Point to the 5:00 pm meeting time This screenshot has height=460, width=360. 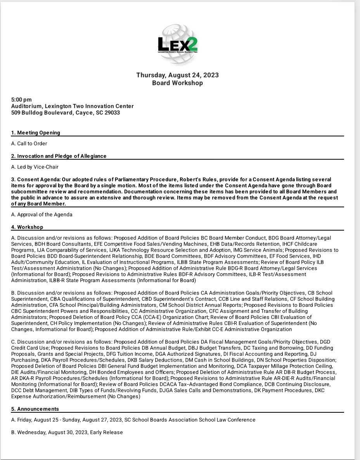pos(21,100)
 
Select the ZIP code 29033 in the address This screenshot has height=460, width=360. pos(112,113)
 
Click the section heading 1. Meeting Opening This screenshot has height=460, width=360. pos(36,133)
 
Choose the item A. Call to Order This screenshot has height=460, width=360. pos(29,143)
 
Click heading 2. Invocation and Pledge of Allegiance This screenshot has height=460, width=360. pos(59,156)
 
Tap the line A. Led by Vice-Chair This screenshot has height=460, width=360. pos(35,167)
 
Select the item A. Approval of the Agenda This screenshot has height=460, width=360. pos(42,214)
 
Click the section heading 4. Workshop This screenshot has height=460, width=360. pos(27,227)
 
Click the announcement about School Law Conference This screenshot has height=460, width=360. pos(133,420)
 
